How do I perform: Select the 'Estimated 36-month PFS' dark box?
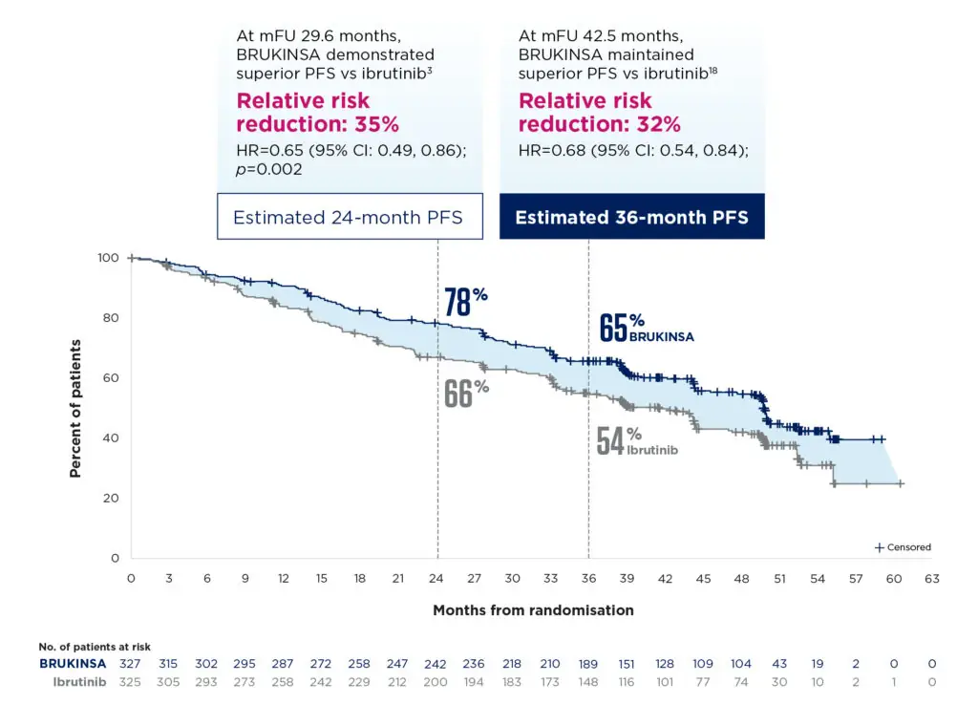631,218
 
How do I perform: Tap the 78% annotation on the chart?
466,301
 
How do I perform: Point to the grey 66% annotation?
466,392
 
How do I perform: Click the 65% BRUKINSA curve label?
646,328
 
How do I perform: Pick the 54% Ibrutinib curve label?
636,440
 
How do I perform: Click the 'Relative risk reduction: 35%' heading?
317,113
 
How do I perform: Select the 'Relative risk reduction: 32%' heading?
599,113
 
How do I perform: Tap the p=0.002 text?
269,168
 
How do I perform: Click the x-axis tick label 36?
588,579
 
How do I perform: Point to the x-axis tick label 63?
931,579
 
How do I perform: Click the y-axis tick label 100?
108,258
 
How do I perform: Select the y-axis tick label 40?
113,437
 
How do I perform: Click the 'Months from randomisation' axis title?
533,609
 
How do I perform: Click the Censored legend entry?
903,547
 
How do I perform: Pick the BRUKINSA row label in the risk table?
73,664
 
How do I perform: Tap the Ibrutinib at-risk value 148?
588,682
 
